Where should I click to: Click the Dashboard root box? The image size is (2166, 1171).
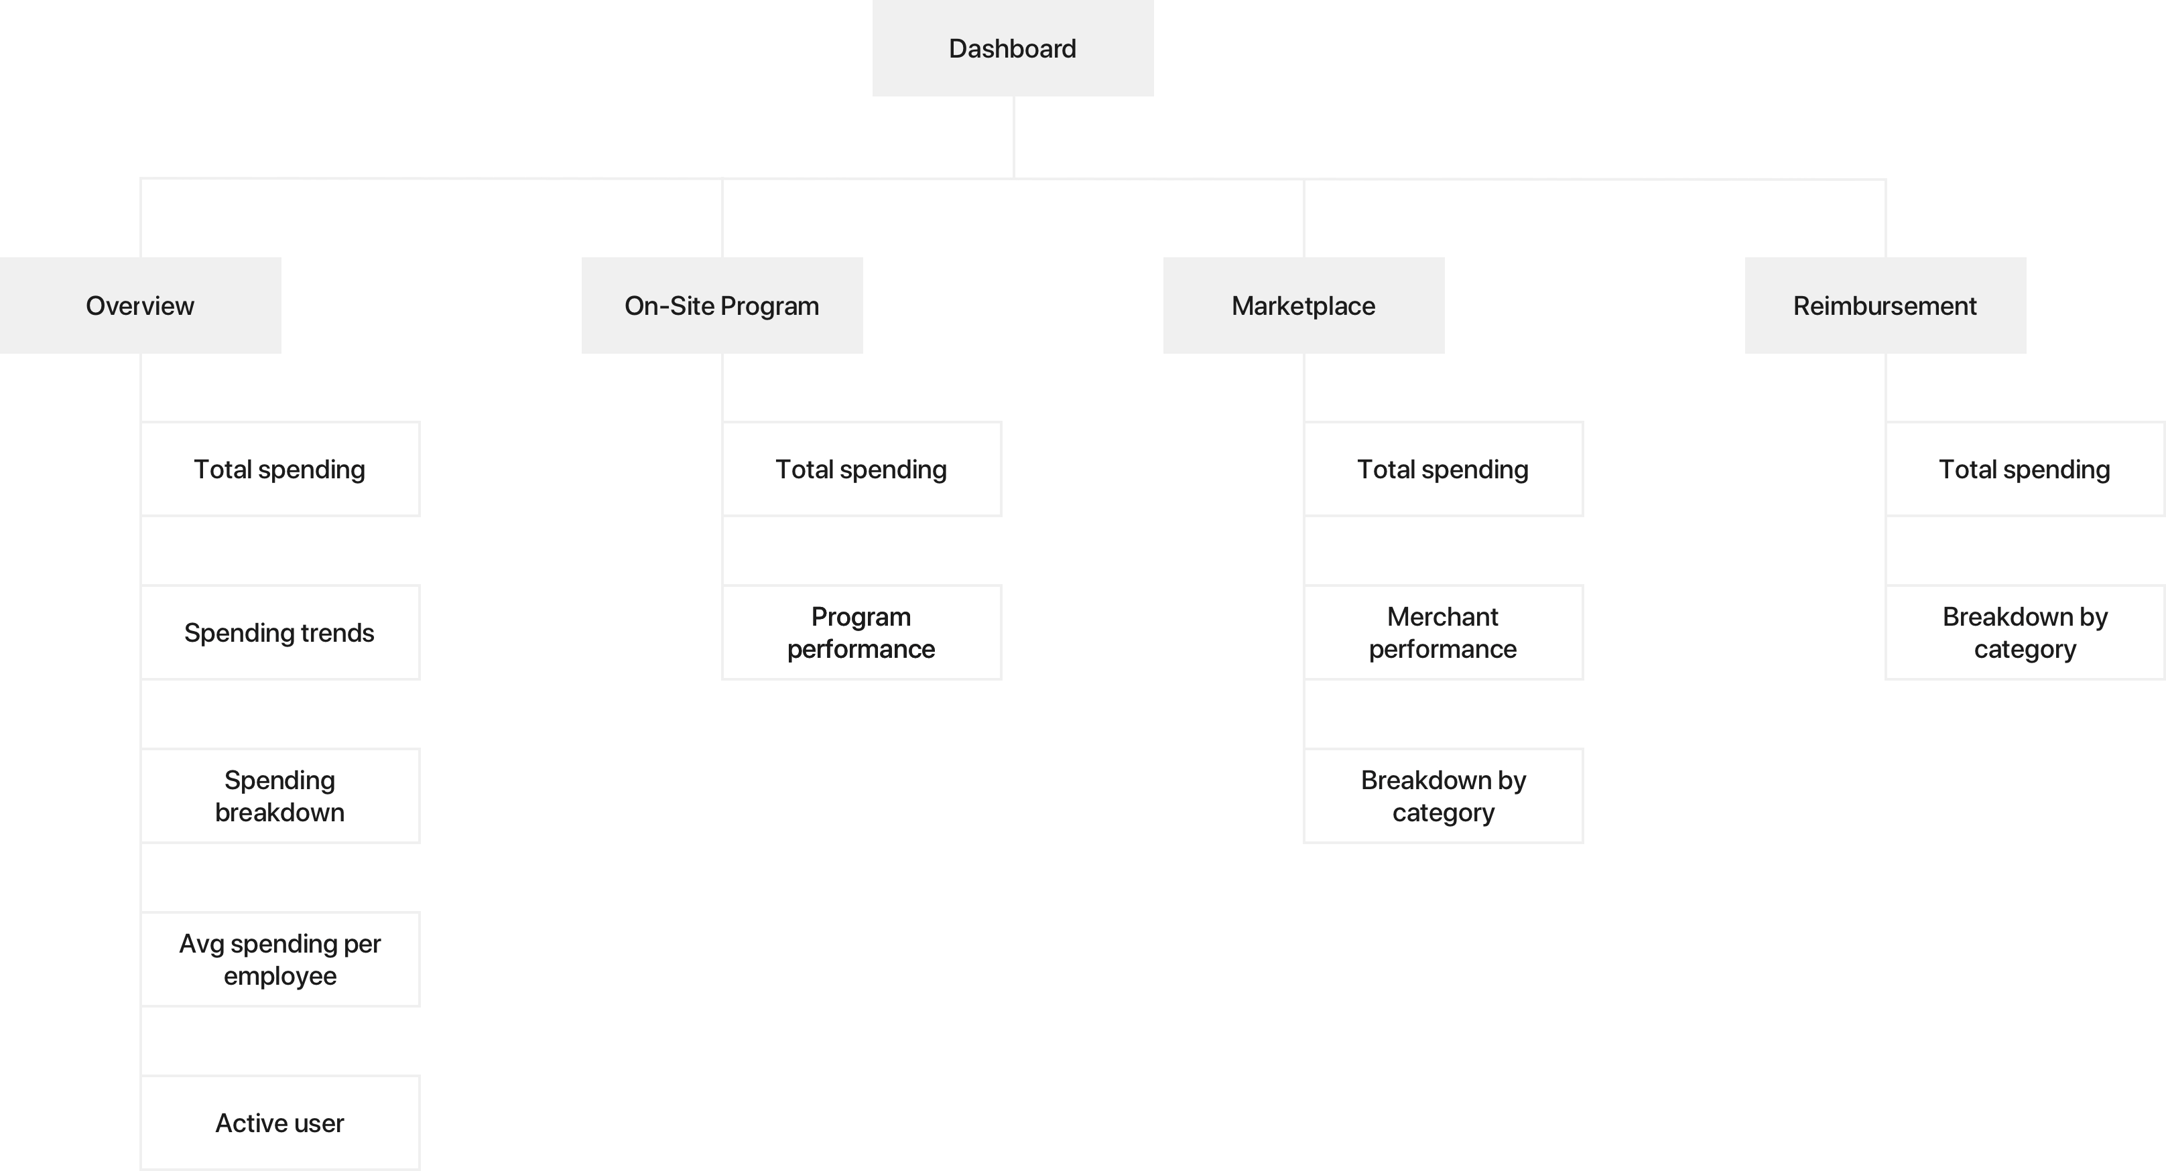pyautogui.click(x=1013, y=48)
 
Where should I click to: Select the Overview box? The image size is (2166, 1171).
pyautogui.click(x=141, y=305)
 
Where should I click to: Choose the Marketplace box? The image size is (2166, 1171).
pyautogui.click(x=1303, y=305)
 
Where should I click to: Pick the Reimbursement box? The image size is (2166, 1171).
pyautogui.click(x=1885, y=305)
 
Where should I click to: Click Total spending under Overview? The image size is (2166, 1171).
pyautogui.click(x=280, y=469)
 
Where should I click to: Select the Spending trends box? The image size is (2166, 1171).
pyautogui.click(x=280, y=632)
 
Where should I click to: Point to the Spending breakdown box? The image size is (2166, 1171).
pyautogui.click(x=280, y=796)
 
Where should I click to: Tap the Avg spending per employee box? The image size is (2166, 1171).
pyautogui.click(x=280, y=959)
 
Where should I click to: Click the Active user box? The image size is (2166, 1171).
pyautogui.click(x=280, y=1123)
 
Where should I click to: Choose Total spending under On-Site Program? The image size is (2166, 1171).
pyautogui.click(x=861, y=469)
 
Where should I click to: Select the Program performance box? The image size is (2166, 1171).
pyautogui.click(x=861, y=632)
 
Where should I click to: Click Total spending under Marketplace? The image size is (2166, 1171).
pyautogui.click(x=1443, y=469)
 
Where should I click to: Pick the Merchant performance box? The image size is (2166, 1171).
pyautogui.click(x=1443, y=632)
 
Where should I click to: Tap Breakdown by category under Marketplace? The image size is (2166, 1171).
pyautogui.click(x=1443, y=796)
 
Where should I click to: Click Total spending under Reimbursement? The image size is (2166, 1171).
pyautogui.click(x=2025, y=469)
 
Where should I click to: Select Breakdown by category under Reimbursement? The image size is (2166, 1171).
pyautogui.click(x=2025, y=632)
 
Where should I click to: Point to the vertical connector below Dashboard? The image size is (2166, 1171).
pyautogui.click(x=1013, y=137)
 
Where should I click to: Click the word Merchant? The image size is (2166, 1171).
pyautogui.click(x=1442, y=616)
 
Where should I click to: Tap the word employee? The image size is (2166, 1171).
pyautogui.click(x=280, y=977)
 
